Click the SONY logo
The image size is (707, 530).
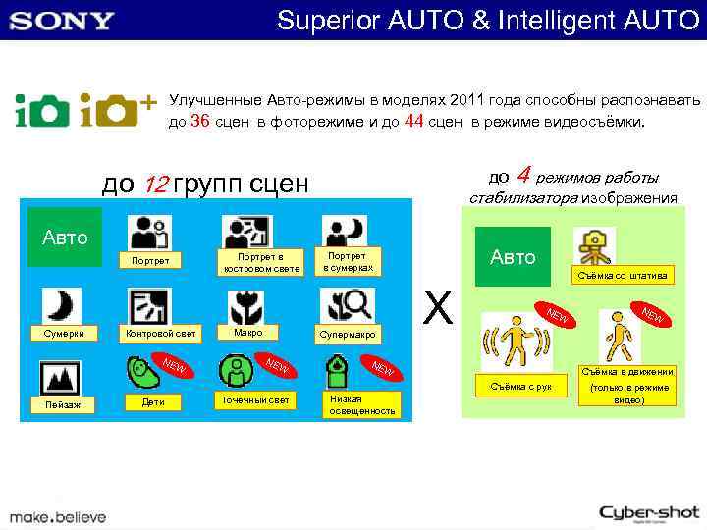coord(63,20)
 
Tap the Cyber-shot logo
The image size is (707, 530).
coord(650,512)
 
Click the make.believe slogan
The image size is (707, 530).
coord(58,516)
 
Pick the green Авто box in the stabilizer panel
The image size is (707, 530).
coord(513,257)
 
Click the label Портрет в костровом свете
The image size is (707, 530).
coord(259,262)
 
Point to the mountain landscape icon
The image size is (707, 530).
coord(61,377)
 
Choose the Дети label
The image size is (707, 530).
coord(153,402)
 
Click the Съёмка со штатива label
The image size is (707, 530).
coord(623,277)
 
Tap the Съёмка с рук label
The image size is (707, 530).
coord(520,387)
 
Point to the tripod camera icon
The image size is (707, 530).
coord(594,245)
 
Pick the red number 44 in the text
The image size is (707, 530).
coord(413,122)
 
